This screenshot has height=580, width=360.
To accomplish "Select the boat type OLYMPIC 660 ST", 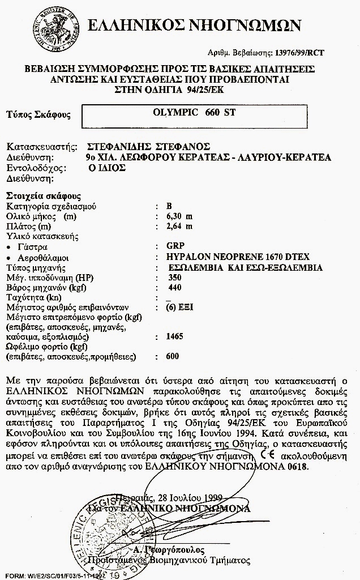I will pos(194,112).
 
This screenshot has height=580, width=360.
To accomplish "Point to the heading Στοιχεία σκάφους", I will pos(44,196).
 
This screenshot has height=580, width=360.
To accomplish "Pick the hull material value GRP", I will pos(175,247).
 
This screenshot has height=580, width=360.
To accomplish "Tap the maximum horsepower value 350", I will pos(175,278).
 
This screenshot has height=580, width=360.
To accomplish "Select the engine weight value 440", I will pos(174,288).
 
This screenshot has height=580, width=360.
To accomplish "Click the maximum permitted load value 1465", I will pos(175,336).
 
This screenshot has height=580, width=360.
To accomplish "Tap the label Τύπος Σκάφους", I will pos(38,115).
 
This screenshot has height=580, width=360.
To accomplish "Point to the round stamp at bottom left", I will pos(105,534).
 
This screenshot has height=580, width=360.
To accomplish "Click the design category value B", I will pos(169,206).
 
